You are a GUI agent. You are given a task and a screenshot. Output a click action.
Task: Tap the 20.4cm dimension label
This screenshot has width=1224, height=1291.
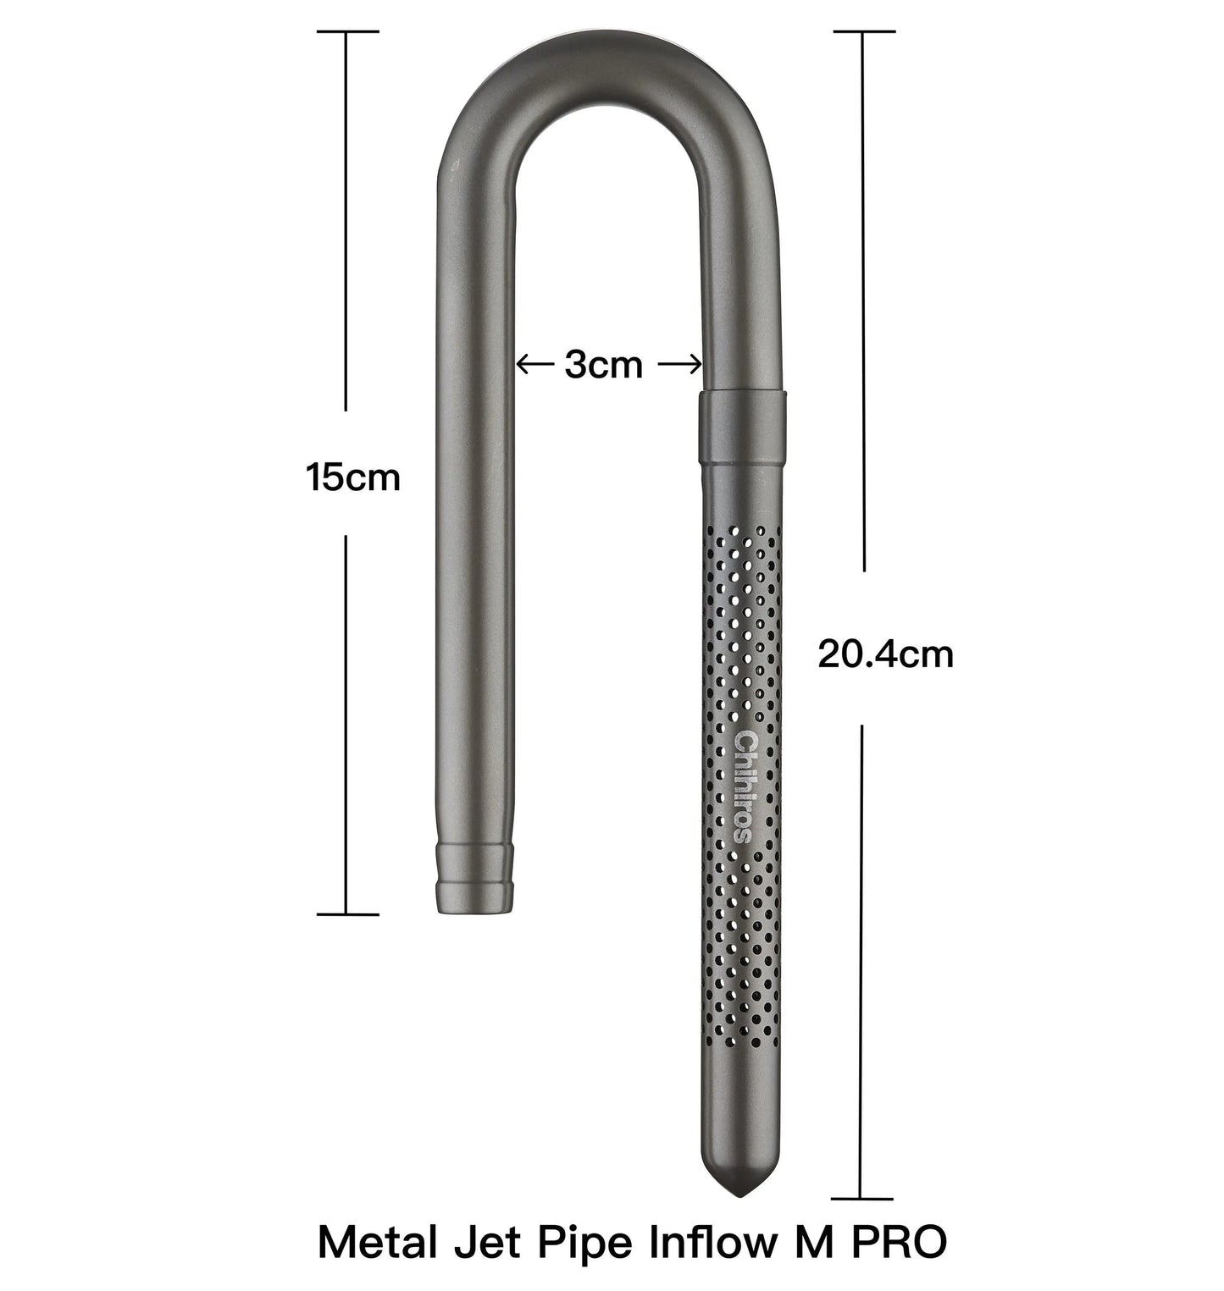(885, 654)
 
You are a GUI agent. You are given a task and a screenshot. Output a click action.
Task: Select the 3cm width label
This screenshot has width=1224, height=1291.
(604, 366)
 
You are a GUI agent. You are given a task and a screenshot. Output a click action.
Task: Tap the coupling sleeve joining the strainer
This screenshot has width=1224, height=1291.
(743, 428)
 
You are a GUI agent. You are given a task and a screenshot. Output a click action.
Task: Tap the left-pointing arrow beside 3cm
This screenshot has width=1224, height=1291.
(534, 366)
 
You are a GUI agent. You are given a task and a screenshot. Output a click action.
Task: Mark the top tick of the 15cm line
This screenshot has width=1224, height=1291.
(346, 31)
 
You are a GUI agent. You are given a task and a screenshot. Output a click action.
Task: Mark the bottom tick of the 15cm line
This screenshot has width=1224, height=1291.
(346, 914)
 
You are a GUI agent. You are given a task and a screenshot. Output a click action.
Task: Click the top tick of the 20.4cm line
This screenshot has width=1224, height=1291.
(863, 31)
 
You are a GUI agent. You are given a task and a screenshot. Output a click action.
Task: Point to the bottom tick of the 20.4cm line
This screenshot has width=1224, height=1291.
(861, 1199)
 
